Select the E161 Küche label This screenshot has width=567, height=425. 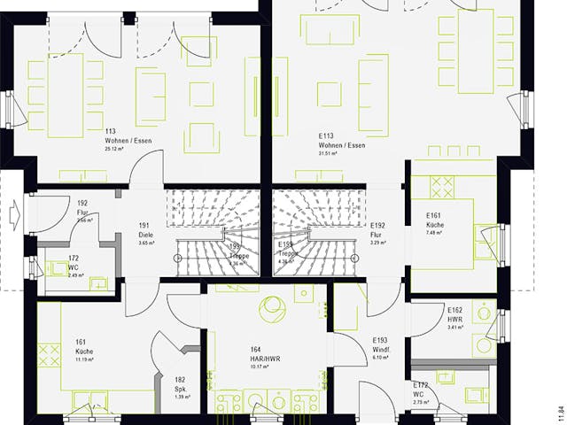[x=434, y=220]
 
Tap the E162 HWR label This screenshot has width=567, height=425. [x=454, y=314]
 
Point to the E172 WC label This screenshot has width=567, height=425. [x=421, y=390]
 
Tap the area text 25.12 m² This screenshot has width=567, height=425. [x=117, y=150]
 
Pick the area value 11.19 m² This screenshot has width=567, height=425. [x=85, y=359]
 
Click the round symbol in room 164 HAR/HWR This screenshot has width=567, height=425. [x=271, y=311]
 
